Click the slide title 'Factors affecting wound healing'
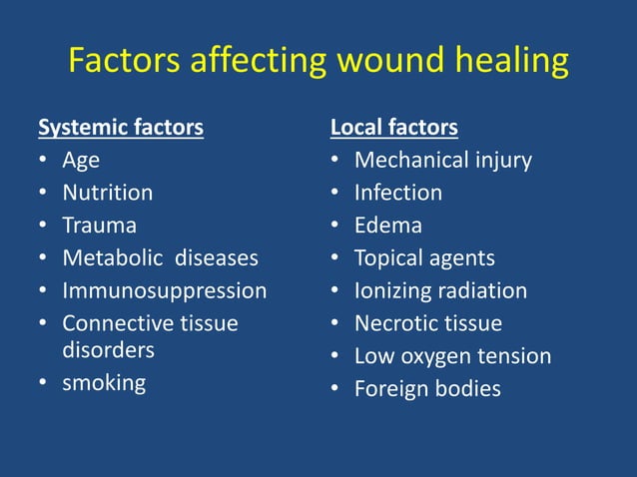click(x=318, y=62)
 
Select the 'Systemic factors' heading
click(x=121, y=128)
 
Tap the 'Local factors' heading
click(x=394, y=128)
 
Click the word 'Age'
click(x=81, y=160)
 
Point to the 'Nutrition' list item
click(x=108, y=193)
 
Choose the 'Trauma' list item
click(x=100, y=226)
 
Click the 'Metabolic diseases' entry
click(x=160, y=258)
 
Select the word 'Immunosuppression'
click(x=165, y=291)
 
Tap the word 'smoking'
click(x=104, y=382)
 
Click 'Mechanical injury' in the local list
click(x=443, y=160)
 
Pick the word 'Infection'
click(x=398, y=193)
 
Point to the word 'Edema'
click(x=388, y=226)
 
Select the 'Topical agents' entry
click(x=424, y=258)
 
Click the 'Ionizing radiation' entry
click(x=440, y=291)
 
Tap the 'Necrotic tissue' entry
click(x=428, y=324)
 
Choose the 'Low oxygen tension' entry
click(x=452, y=356)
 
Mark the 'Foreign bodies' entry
click(x=427, y=389)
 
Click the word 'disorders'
click(x=109, y=350)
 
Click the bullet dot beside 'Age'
click(x=43, y=161)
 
